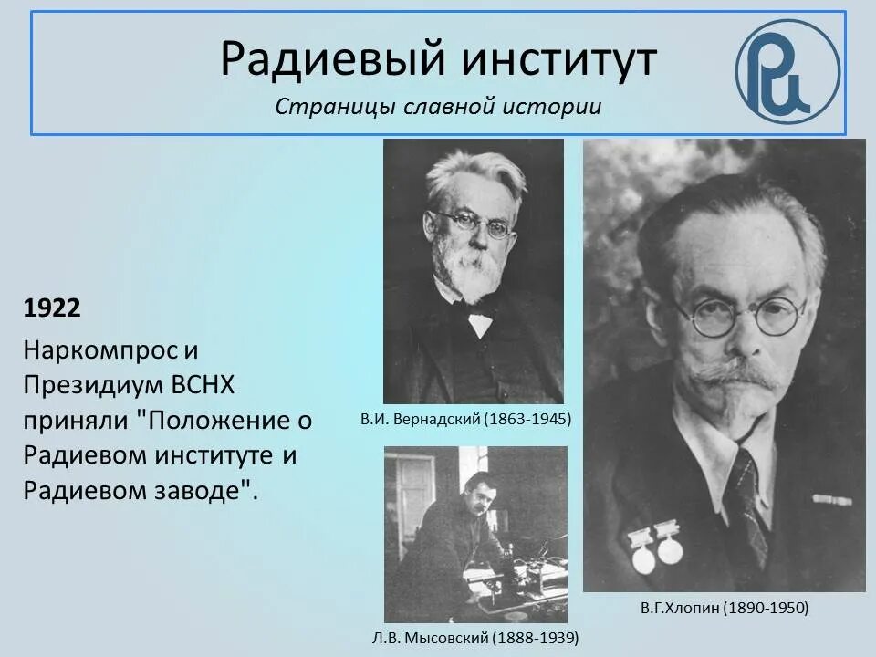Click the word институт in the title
tap(559, 59)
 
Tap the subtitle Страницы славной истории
tap(438, 107)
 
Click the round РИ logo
tap(787, 71)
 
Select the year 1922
tap(52, 308)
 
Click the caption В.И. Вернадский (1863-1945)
tap(465, 420)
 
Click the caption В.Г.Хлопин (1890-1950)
tap(724, 607)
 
